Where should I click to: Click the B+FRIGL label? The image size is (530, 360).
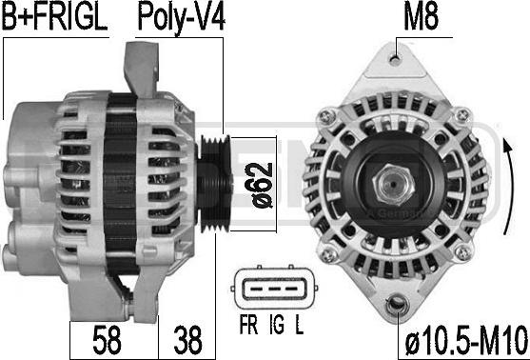tap(55, 17)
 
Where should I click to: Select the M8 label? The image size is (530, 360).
tap(421, 17)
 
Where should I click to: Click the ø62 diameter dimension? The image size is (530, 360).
tap(263, 185)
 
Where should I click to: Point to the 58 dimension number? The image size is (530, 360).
tap(108, 340)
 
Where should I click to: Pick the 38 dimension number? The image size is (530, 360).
tap(188, 340)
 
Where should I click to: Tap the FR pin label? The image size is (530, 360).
tap(248, 325)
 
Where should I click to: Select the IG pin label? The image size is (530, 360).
tap(277, 325)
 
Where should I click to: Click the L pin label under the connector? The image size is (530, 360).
tap(300, 325)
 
